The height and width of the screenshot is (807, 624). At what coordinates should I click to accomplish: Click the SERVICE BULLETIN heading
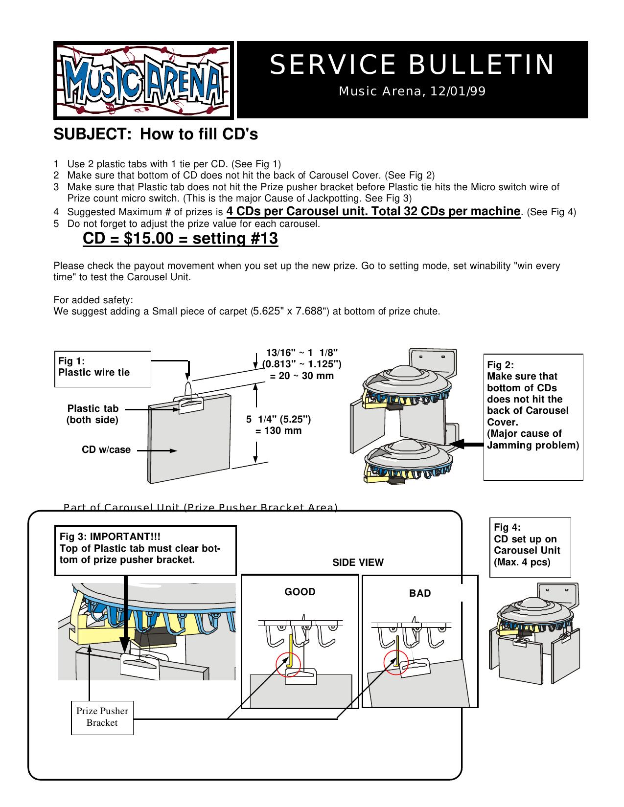[412, 65]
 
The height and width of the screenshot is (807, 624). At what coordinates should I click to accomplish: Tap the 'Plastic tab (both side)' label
[92, 414]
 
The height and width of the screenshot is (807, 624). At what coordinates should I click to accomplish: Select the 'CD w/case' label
[106, 449]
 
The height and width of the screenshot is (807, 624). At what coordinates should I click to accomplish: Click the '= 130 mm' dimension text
[278, 431]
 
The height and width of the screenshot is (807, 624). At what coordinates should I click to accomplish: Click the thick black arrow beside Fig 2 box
[465, 444]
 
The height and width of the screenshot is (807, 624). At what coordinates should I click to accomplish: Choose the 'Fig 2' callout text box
[533, 416]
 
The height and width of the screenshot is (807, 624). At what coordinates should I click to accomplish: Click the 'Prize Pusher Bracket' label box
[102, 717]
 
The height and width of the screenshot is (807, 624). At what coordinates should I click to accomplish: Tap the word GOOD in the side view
[300, 592]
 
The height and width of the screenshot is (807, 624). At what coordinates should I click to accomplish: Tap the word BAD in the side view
[420, 593]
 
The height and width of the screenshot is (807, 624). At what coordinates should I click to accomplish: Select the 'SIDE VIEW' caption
[358, 562]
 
